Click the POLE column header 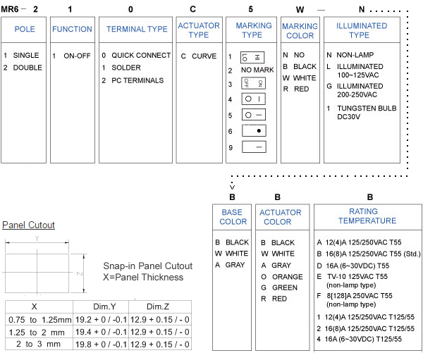tap(25, 29)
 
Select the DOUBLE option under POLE tap(27, 68)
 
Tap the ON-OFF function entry tap(77, 56)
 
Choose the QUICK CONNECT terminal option tap(141, 55)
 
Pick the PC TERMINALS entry tap(137, 80)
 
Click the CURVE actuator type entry tap(204, 56)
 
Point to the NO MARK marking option tap(257, 70)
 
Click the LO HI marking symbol tap(252, 58)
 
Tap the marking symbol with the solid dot tap(254, 131)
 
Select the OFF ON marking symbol tap(253, 83)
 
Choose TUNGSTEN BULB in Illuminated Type tap(367, 108)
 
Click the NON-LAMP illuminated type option tap(355, 55)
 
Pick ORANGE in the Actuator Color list tap(288, 277)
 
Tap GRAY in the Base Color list tap(235, 265)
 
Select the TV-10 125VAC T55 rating tap(357, 276)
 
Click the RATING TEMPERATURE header tap(367, 216)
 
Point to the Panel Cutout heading tap(28, 225)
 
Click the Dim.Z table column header tap(158, 306)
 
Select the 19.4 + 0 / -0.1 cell tap(101, 332)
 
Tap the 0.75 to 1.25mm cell tap(40, 320)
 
